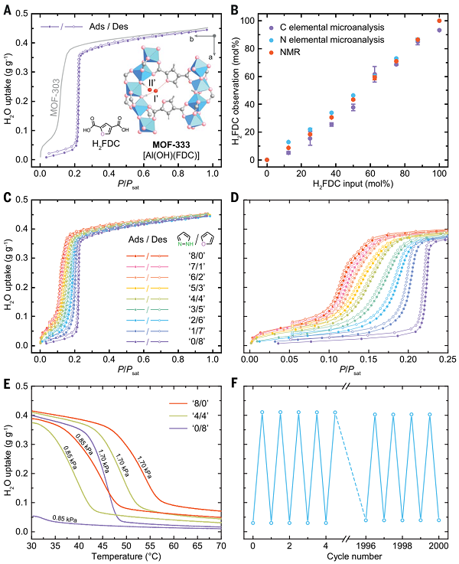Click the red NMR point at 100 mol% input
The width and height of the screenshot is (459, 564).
439,21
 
